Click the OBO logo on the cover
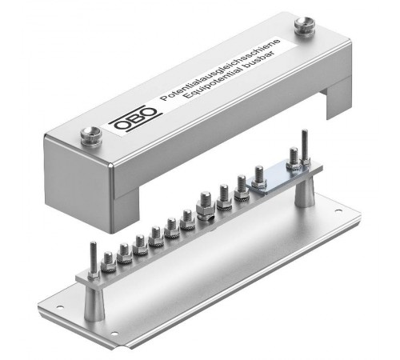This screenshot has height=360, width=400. pyautogui.click(x=136, y=118)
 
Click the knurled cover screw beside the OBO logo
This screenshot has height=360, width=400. pyautogui.click(x=91, y=136)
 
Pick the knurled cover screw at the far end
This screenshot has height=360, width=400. pyautogui.click(x=305, y=26)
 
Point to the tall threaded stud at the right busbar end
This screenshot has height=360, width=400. pyautogui.click(x=305, y=147)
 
